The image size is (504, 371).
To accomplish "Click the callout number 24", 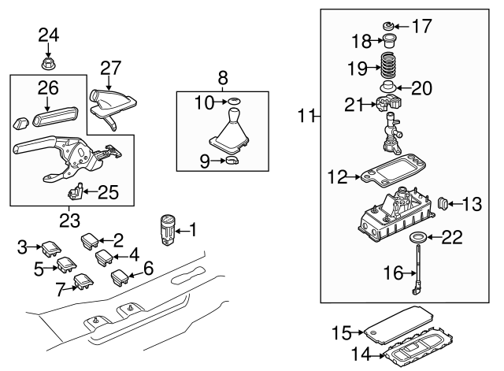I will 48,34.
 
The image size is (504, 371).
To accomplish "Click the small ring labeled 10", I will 233,101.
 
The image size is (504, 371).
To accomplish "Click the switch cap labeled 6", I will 123,276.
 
